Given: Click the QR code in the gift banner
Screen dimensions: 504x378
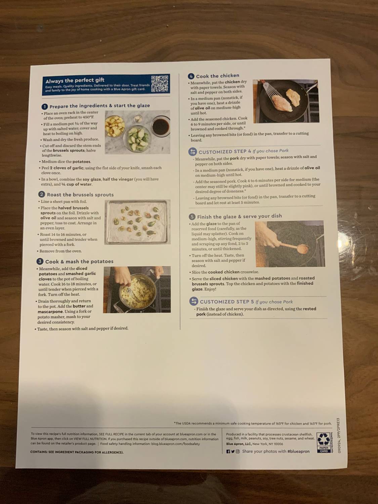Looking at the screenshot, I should click(160, 84).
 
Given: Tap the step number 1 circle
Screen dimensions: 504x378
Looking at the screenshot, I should click(45, 107).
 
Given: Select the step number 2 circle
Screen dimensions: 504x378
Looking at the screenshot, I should click(42, 194).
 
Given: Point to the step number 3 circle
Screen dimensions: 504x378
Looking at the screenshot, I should click(40, 261).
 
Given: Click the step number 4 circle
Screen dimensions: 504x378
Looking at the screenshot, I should click(191, 76).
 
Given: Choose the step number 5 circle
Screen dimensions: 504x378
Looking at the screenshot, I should click(192, 217).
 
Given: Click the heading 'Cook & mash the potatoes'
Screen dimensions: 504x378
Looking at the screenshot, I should click(79, 261).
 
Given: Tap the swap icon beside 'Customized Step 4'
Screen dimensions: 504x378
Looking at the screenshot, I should click(193, 152).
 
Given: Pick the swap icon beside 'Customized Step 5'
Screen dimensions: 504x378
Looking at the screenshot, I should click(194, 301).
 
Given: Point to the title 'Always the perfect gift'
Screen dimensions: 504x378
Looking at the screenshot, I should click(75, 80).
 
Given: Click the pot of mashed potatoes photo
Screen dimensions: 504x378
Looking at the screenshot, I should click(136, 290).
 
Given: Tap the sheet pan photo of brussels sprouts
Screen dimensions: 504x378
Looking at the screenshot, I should click(138, 222).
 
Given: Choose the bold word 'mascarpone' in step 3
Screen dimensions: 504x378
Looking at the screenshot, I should click(50, 311).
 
